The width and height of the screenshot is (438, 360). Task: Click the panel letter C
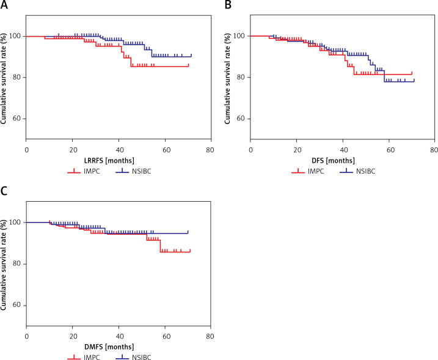(5, 192)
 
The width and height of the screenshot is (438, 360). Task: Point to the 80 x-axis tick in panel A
(210, 149)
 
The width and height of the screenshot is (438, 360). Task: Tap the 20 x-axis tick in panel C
(72, 336)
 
